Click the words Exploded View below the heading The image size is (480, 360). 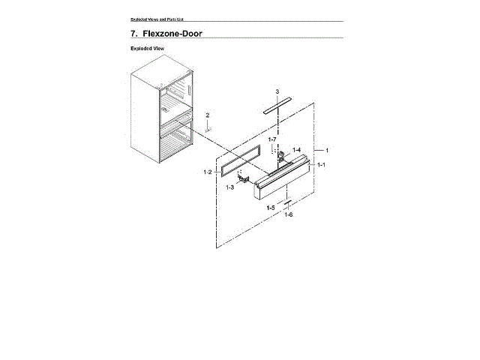coord(146,48)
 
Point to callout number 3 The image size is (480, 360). coord(277,91)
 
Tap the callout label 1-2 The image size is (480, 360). coord(207,172)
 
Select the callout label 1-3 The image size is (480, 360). coord(230,187)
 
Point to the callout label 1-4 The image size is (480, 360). coord(296,149)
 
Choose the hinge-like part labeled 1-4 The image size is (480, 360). coord(283,157)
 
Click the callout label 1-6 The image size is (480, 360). coord(288,214)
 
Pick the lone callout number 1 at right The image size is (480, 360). coord(326,150)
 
